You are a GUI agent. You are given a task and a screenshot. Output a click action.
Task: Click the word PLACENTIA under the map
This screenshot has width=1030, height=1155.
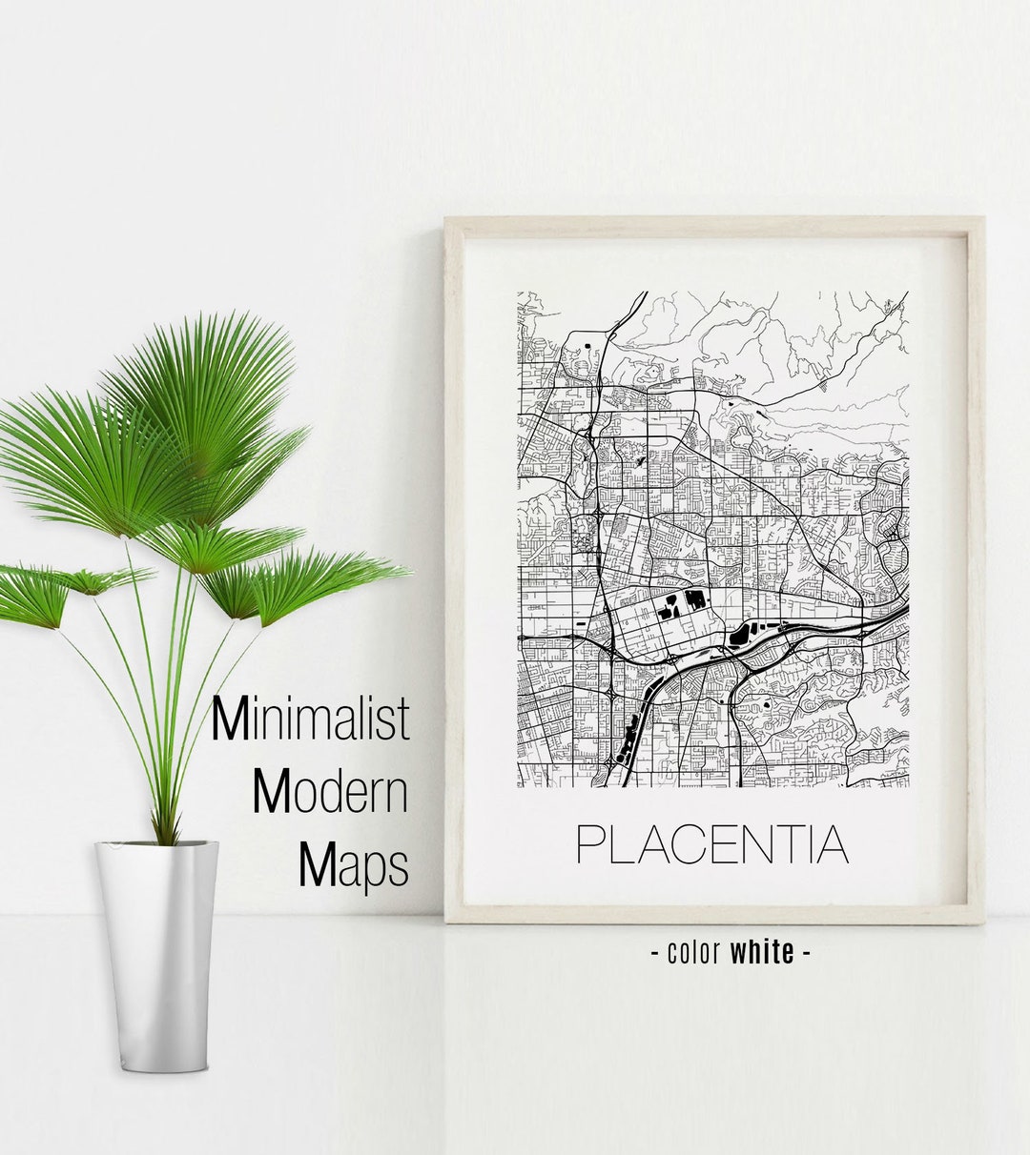[712, 843]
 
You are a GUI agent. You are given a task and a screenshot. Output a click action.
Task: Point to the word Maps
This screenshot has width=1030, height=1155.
[354, 865]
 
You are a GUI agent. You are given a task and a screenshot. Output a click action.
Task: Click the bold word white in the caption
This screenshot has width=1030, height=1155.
[762, 951]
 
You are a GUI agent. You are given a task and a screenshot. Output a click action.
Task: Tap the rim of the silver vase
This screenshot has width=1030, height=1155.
[156, 844]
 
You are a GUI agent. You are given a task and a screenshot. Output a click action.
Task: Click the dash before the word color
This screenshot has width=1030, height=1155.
[655, 952]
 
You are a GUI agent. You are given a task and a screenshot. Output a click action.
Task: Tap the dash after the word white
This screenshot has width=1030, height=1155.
[807, 952]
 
